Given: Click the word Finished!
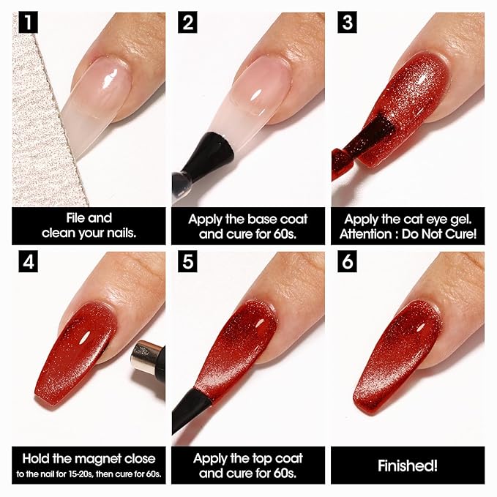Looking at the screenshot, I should pos(408,466).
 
